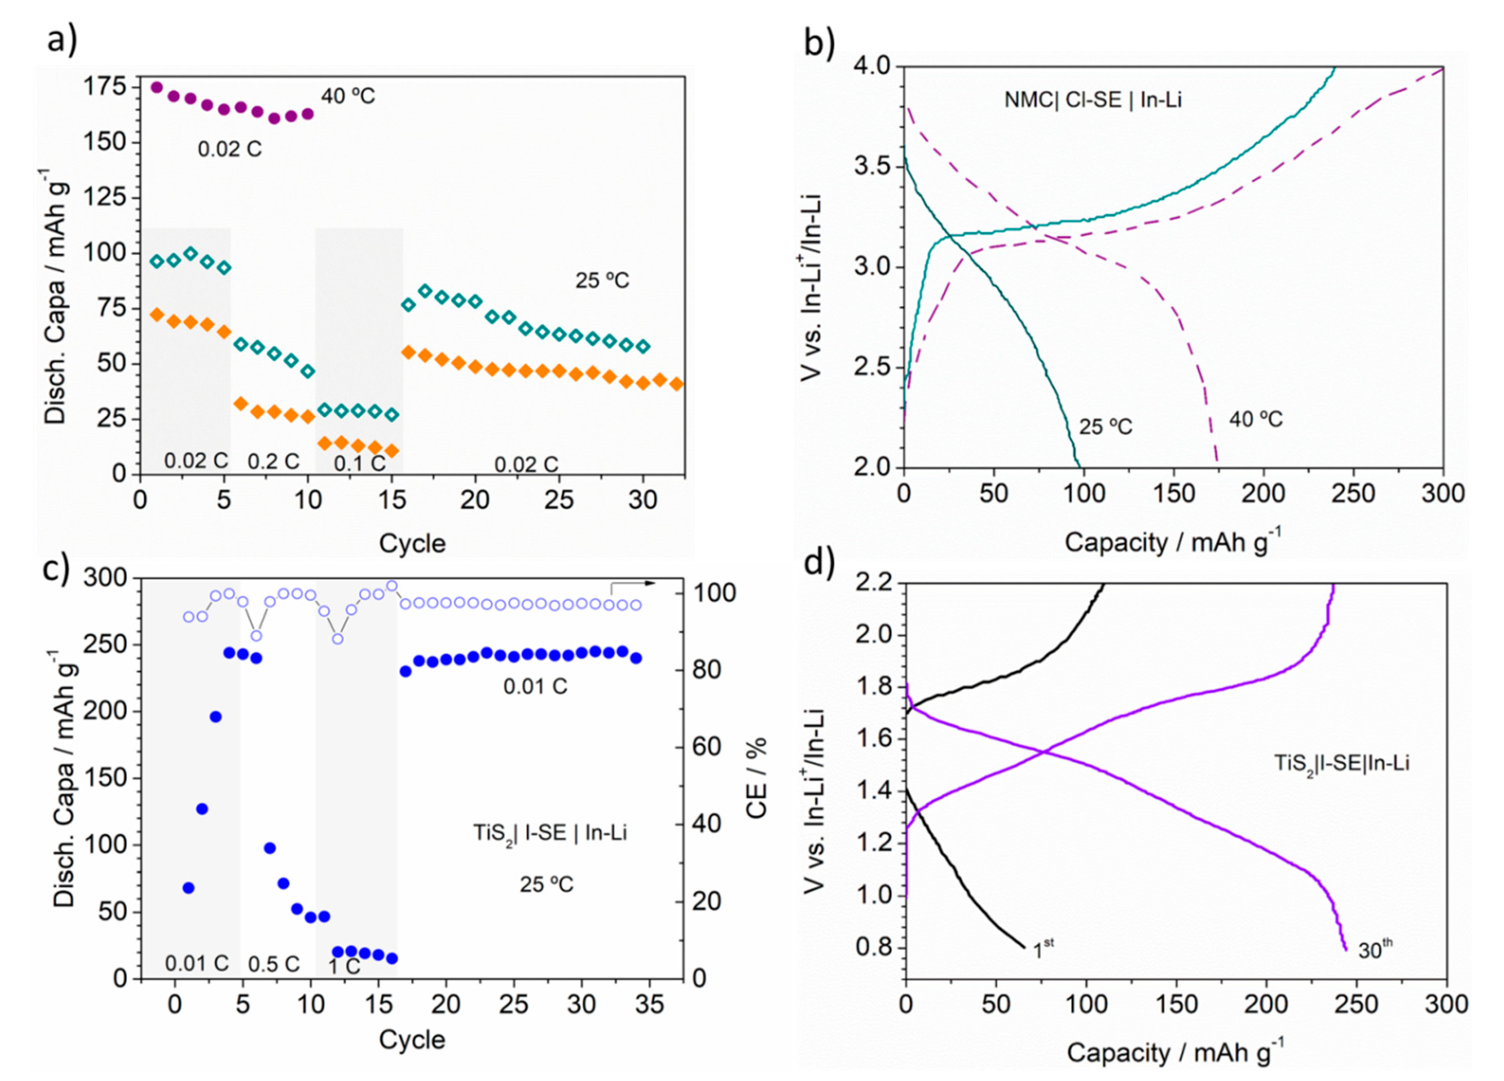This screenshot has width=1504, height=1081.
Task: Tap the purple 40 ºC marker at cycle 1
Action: [157, 87]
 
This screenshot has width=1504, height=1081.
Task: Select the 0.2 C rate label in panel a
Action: [273, 461]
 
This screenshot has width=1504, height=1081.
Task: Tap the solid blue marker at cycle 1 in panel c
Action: [188, 887]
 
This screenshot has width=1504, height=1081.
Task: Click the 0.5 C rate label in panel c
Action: [274, 964]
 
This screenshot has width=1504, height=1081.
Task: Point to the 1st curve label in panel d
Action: [1042, 950]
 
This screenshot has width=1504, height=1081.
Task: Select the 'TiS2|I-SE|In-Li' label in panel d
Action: [1341, 763]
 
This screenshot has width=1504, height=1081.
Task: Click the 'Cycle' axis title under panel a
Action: [412, 543]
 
